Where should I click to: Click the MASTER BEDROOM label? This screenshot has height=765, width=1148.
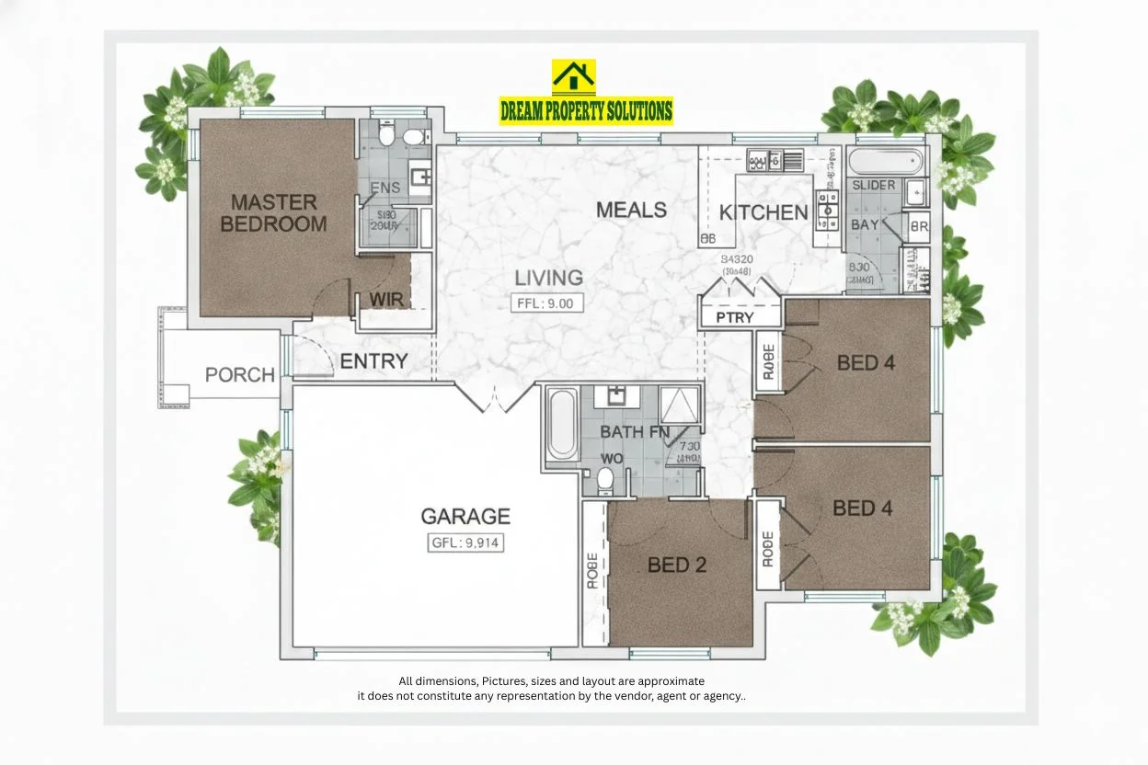(x=273, y=212)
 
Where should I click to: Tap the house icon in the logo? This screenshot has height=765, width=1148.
(x=573, y=77)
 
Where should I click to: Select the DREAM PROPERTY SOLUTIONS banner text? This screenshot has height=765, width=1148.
(x=586, y=111)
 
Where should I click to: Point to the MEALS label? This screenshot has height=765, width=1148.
(x=631, y=210)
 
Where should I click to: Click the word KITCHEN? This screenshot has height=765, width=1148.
(x=763, y=213)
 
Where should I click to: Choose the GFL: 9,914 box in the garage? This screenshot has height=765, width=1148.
(x=465, y=542)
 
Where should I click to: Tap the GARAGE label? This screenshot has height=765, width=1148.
(x=465, y=517)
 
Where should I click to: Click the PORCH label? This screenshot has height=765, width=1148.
(x=240, y=375)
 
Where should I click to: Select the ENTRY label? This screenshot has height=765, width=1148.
(x=373, y=361)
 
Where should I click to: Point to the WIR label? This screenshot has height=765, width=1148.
(x=386, y=300)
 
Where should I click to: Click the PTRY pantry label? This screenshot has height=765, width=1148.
(x=735, y=318)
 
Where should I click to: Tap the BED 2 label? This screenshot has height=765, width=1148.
(x=677, y=565)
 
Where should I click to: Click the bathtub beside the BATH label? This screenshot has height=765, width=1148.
(x=562, y=423)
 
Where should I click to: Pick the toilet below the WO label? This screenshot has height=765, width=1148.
(x=605, y=479)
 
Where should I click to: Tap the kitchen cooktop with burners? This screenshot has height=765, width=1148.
(x=827, y=210)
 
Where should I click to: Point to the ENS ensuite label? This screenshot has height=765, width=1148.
(x=385, y=188)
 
